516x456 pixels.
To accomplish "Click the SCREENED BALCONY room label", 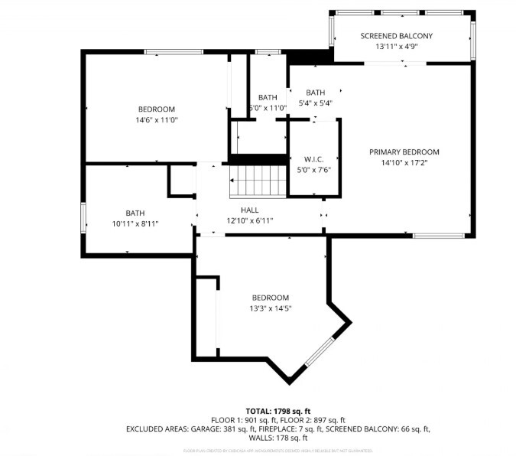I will point(397,36).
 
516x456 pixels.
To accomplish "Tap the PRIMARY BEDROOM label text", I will point(404,151).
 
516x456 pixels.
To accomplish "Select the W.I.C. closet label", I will point(314,159).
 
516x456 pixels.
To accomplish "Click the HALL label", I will point(249,210).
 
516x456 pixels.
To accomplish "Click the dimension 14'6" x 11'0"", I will point(156,120).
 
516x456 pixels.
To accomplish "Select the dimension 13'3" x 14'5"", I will point(271,308).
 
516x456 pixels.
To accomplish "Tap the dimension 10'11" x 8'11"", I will point(135,224).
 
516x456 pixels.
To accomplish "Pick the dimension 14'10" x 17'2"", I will point(404,163).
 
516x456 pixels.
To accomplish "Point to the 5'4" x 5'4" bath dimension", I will point(315,103).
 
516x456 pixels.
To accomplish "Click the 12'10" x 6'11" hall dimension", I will point(249,220).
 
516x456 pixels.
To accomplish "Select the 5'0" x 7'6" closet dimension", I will point(314,170).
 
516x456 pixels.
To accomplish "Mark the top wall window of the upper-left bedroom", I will point(174,52).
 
